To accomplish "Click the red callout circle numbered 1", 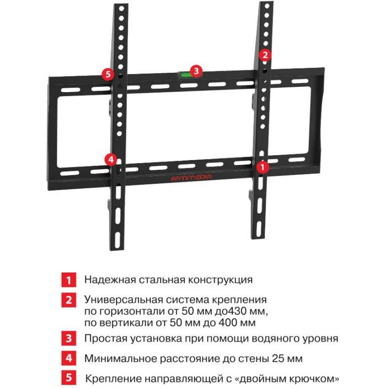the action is click(262, 167).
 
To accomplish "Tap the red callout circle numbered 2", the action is click(265, 55).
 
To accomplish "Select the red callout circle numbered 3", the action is click(196, 71).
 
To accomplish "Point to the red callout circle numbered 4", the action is click(111, 160).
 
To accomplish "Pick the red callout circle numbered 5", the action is click(108, 74).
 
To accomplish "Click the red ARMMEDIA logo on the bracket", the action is click(191, 177).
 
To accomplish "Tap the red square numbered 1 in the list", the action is click(69, 280).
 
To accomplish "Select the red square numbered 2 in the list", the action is click(69, 300).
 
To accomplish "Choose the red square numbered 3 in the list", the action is click(69, 338).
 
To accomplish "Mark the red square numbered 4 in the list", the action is click(69, 358).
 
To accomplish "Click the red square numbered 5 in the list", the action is click(69, 378).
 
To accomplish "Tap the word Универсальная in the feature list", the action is click(123, 300).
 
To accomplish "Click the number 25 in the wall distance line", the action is click(278, 358).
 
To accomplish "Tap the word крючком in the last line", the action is click(318, 379).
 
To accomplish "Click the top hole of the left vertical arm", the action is click(122, 9).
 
